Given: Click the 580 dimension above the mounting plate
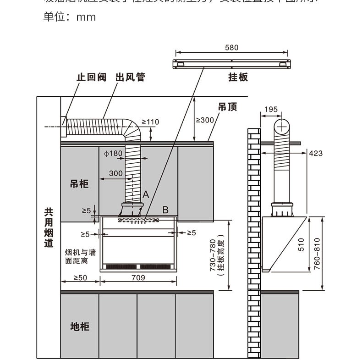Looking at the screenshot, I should (x=232, y=48).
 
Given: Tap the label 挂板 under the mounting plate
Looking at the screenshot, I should (x=238, y=77).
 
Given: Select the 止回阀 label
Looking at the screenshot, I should (x=91, y=77).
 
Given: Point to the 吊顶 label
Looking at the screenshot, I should (x=227, y=107).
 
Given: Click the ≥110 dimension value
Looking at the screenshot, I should (x=150, y=122).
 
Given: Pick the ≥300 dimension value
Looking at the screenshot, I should (x=205, y=120).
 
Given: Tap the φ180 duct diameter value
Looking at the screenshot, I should (x=113, y=153).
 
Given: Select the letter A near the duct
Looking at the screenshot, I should (x=146, y=194).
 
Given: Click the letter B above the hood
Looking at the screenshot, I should (x=165, y=210).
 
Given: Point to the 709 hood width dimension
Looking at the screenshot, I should (x=138, y=277).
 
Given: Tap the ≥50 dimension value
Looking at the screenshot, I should (x=80, y=277).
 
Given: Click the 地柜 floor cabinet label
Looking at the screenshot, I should (x=79, y=327).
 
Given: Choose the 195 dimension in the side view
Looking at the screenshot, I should (x=271, y=110).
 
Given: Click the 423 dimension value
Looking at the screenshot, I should (x=316, y=153).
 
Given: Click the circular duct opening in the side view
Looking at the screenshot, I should (x=283, y=125).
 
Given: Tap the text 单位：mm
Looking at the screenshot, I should (x=70, y=17).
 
